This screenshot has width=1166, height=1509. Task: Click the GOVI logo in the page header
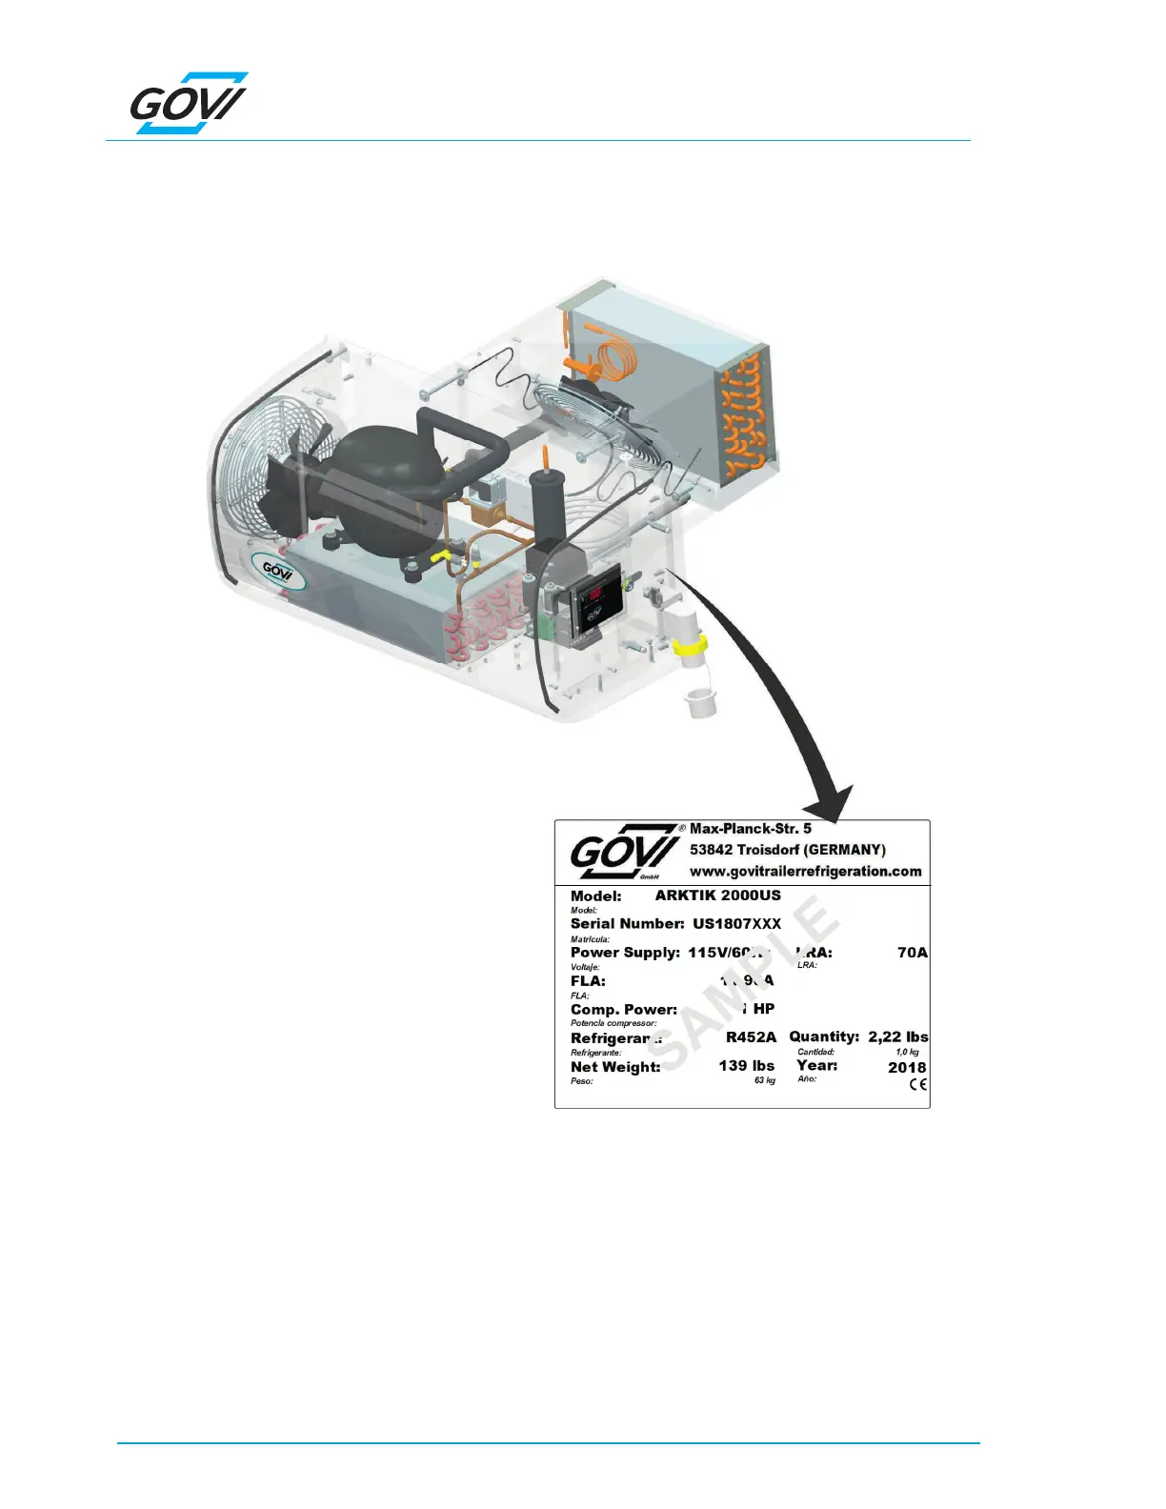click(189, 103)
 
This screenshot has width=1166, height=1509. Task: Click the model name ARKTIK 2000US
click(717, 895)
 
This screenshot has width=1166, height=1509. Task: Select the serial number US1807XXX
click(736, 924)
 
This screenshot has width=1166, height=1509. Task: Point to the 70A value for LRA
click(912, 953)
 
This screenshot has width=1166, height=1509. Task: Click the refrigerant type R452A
click(751, 1037)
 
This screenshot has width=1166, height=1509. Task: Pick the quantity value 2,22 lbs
click(897, 1036)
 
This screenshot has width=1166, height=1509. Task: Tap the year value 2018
click(906, 1067)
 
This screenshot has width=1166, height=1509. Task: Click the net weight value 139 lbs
click(746, 1066)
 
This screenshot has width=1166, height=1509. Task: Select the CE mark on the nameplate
click(917, 1085)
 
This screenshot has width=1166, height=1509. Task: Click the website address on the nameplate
click(805, 871)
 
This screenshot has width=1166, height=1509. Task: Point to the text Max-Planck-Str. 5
click(750, 829)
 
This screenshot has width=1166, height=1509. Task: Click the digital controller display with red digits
click(594, 596)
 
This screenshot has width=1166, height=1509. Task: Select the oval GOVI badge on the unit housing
click(277, 572)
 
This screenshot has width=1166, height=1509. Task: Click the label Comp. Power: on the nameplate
click(624, 1010)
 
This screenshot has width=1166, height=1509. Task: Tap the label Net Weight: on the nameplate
click(615, 1067)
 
